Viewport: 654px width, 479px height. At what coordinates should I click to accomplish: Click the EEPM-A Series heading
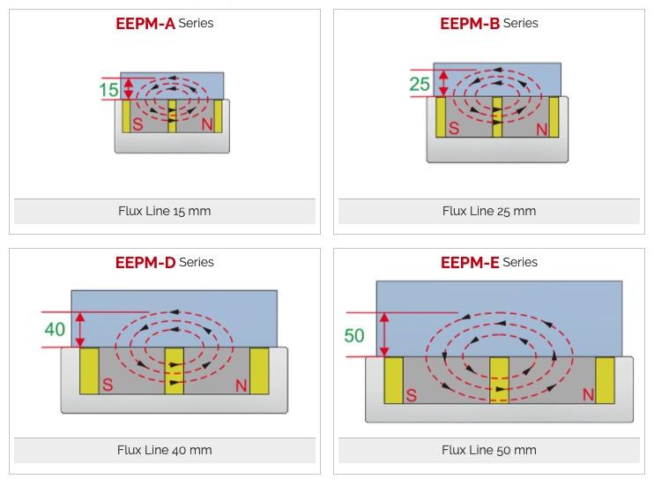(165, 24)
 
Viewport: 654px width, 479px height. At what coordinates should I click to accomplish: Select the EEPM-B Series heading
(488, 24)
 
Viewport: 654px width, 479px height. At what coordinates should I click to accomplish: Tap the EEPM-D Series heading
(165, 262)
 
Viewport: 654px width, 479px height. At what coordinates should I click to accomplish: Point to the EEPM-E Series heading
(488, 262)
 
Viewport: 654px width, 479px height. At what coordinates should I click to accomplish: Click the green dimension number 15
(108, 89)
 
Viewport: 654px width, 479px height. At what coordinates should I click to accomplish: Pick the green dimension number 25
(420, 85)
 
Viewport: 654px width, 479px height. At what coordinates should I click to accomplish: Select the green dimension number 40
(55, 329)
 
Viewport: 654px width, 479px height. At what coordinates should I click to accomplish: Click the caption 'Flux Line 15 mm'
(165, 211)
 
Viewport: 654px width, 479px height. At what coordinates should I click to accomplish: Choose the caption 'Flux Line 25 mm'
(488, 211)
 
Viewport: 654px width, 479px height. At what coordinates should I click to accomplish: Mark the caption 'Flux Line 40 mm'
(165, 450)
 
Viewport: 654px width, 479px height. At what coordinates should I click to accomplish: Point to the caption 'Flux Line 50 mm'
(488, 450)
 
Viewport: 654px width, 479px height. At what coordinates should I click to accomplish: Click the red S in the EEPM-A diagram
(137, 124)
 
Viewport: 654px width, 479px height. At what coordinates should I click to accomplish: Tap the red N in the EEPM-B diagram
(541, 130)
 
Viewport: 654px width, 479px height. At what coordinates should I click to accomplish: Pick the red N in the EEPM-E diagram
(589, 394)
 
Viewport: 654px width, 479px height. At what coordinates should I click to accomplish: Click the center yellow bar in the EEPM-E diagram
(500, 380)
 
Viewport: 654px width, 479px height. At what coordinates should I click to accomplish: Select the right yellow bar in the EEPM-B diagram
(554, 116)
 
